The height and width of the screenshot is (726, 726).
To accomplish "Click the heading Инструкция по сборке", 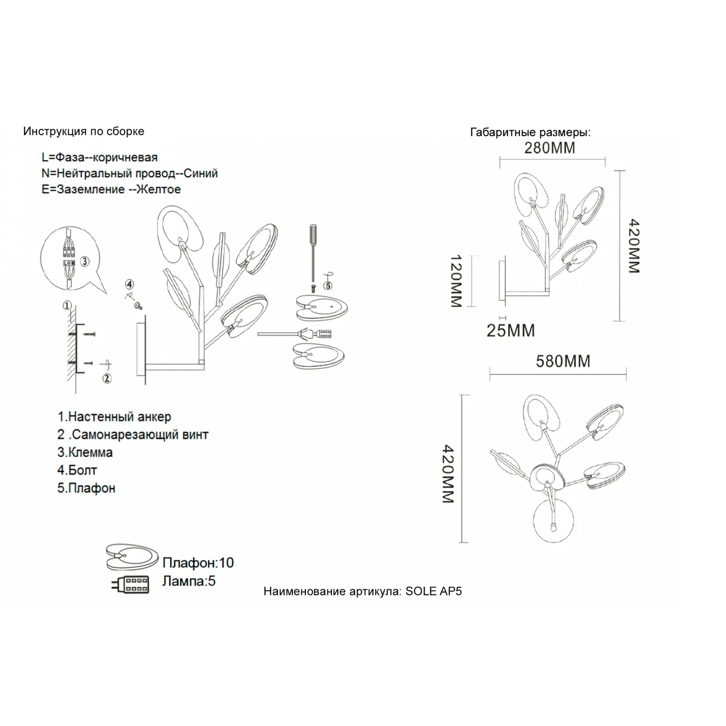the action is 84,132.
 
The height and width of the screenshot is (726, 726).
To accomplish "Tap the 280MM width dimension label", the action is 550,148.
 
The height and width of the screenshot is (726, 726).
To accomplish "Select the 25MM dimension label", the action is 511,331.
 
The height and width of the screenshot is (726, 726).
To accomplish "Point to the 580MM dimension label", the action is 563,362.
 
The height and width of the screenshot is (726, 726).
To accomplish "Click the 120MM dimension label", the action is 456,282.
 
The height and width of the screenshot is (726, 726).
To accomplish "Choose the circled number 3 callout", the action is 85,262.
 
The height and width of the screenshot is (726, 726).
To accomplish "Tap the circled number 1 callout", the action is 67,305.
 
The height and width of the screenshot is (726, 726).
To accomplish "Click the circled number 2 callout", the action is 107,378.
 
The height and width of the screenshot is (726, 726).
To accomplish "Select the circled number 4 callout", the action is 129,285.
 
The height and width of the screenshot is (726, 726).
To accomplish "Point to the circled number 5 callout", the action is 328,286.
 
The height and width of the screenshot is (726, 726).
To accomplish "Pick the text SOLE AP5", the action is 434,591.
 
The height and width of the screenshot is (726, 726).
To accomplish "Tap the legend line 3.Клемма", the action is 85,453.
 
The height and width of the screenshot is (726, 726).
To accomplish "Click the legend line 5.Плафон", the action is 86,488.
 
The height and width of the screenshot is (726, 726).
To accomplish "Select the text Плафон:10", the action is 198,563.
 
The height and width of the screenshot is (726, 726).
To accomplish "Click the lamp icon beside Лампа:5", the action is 130,584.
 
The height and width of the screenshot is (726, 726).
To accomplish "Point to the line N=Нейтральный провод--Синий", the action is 130,173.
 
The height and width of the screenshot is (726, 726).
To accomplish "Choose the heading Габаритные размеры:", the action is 530,133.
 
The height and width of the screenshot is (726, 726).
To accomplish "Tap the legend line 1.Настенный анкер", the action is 114,417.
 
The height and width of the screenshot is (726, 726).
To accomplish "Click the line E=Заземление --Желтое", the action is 111,189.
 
